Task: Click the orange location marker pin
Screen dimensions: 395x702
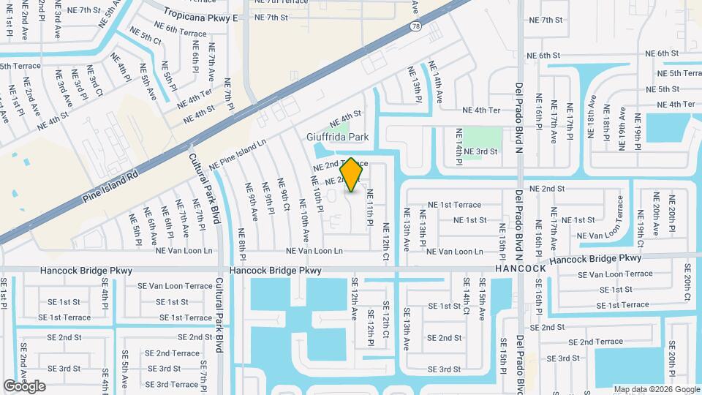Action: click(352, 175)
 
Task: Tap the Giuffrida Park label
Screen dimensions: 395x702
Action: click(348, 137)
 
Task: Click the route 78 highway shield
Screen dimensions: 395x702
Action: click(415, 26)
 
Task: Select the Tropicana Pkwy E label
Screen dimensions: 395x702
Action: click(201, 15)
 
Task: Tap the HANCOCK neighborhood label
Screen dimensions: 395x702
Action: click(520, 268)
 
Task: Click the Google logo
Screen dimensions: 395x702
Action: click(24, 386)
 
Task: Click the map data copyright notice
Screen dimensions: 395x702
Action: click(656, 389)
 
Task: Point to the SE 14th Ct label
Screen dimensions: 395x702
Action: click(466, 291)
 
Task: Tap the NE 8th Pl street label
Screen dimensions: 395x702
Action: click(241, 241)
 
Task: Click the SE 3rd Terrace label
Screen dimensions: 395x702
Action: click(173, 384)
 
